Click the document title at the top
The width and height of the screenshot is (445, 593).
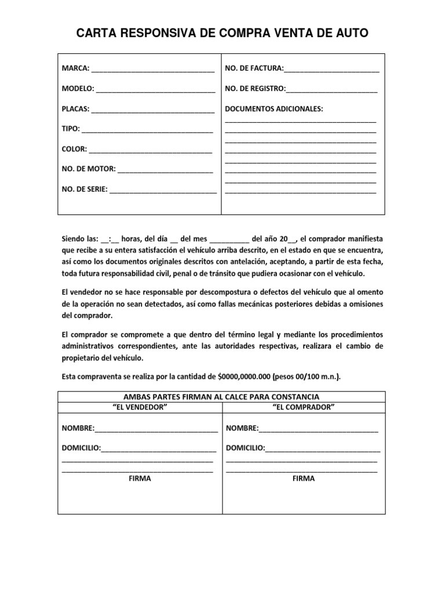pos(222,34)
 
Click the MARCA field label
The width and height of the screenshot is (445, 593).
pos(75,69)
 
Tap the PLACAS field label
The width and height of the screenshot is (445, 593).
pos(76,109)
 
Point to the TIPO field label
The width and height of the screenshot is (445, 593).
pos(71,129)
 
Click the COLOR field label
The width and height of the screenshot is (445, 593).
pos(74,149)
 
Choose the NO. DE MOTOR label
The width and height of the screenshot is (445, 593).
pos(89,169)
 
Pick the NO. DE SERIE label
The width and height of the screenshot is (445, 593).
pos(85,189)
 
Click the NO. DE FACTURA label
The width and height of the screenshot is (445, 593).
pos(254,69)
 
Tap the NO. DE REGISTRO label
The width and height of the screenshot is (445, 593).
pos(255,89)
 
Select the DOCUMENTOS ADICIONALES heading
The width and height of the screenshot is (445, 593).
pos(274,109)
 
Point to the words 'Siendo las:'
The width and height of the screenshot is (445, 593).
pos(80,239)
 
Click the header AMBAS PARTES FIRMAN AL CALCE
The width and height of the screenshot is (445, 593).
pos(222,397)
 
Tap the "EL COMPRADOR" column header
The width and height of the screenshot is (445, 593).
pos(304,407)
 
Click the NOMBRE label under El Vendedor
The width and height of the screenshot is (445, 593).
pos(78,429)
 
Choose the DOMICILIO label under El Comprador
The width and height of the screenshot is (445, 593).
pos(246,448)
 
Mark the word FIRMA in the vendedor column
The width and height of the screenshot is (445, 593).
pos(140,479)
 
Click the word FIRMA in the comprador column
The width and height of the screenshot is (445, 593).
pos(304,479)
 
